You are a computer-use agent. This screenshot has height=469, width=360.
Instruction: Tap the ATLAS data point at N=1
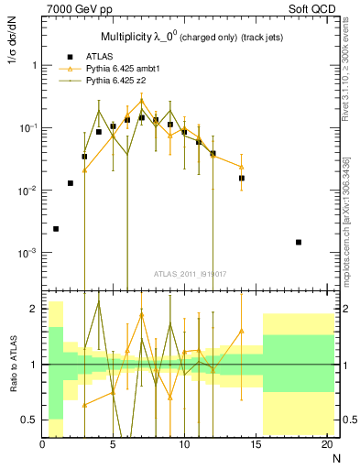click(x=56, y=229)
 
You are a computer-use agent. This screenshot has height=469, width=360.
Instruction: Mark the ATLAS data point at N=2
click(x=71, y=183)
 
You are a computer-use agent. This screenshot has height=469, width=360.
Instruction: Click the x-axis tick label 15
click(x=256, y=446)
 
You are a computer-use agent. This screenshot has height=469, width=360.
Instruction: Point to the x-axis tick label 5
click(x=113, y=446)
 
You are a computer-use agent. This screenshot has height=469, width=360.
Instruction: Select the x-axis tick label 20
click(x=326, y=446)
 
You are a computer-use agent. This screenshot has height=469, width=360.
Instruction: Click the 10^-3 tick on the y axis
click(x=27, y=253)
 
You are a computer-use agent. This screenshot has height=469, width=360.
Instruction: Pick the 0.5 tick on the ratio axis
click(x=30, y=420)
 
